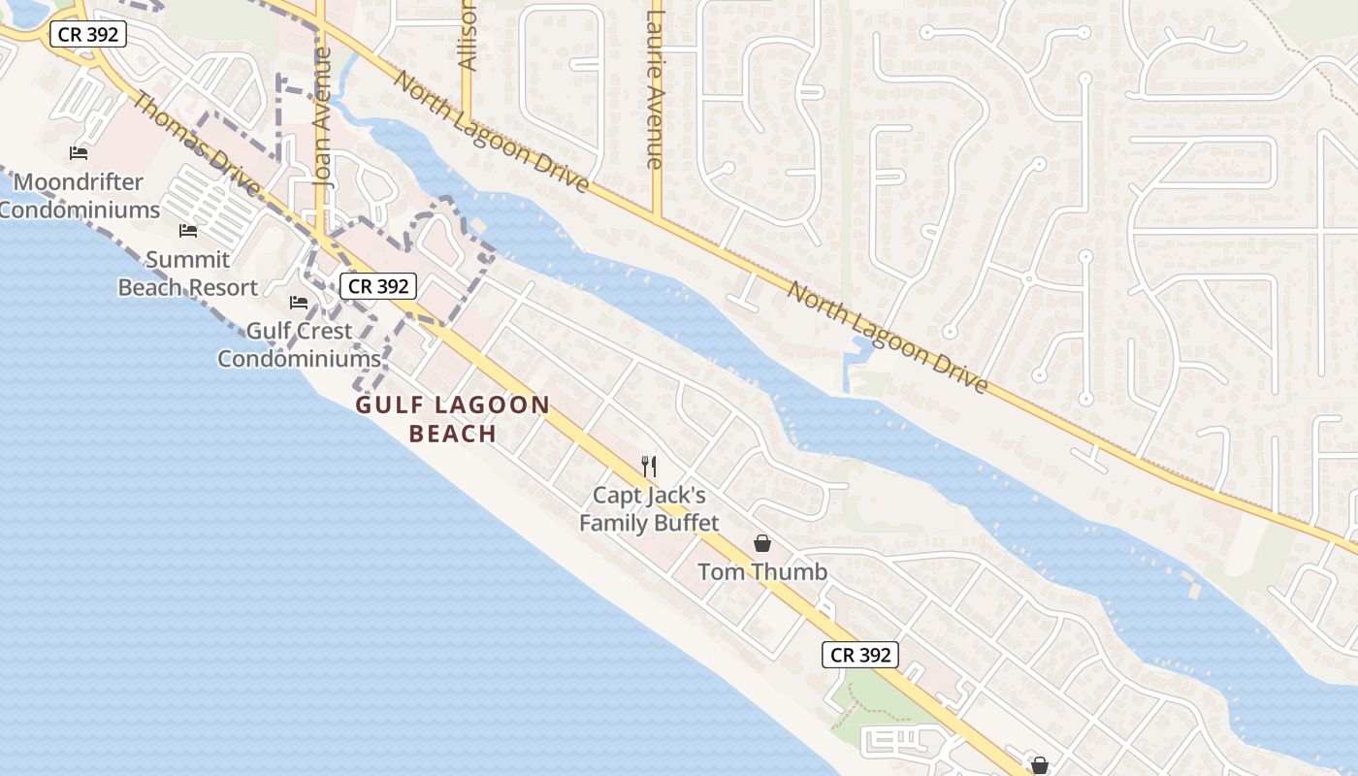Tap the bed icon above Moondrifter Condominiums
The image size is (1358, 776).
79,153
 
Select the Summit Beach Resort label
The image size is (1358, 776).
188,274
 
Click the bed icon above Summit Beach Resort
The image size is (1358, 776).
188,231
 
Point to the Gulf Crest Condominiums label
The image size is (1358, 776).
299,344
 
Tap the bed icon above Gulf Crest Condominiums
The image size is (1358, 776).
299,303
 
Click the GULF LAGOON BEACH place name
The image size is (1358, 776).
453,419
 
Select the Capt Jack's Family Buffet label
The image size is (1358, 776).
649,509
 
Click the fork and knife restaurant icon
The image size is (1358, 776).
649,467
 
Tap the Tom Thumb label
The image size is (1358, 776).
762,571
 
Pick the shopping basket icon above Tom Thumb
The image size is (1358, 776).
762,543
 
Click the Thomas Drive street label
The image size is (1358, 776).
195,143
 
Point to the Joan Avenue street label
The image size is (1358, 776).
323,116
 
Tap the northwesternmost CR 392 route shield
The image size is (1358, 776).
88,34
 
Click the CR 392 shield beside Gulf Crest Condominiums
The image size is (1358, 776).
378,286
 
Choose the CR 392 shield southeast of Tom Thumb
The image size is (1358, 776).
860,655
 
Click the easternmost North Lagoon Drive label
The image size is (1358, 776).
887,338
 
